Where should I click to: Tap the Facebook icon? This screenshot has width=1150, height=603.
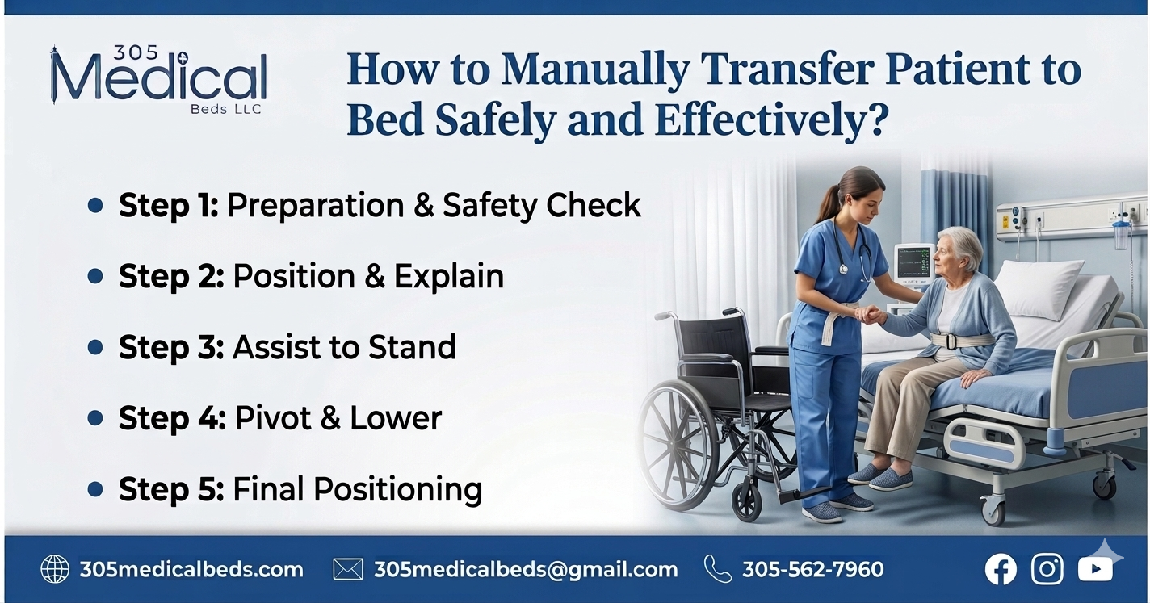point(1001,569)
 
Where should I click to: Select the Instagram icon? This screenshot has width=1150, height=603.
point(1047,569)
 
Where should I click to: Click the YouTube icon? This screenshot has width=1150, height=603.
point(1095,570)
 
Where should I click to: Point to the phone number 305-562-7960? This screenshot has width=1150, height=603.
point(812,570)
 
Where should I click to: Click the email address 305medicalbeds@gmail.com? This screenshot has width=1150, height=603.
point(526,570)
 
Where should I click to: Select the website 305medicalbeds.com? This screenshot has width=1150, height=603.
point(191,570)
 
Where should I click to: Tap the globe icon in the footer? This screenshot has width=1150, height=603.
point(55,569)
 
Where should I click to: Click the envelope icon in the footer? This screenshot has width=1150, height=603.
point(348,570)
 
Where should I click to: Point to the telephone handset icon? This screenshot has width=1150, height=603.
point(716,568)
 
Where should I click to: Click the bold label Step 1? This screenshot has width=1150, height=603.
point(168,206)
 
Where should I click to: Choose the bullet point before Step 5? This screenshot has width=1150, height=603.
point(95,489)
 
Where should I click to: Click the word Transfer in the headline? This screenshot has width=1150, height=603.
point(787,70)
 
